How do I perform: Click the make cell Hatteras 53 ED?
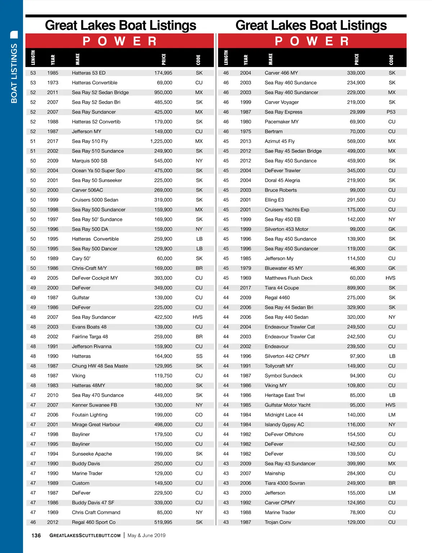89,73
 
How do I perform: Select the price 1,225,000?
161,141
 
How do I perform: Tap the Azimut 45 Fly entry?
279,141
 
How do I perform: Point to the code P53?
391,112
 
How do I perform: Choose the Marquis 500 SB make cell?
89,161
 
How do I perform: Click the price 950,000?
163,93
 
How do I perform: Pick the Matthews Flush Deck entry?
288,278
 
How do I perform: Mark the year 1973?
53,83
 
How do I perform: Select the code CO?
199,415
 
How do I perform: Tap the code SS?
199,356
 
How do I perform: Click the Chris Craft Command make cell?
96,512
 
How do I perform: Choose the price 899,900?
356,288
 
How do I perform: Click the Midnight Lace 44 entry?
284,415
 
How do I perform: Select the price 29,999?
357,112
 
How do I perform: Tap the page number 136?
36,536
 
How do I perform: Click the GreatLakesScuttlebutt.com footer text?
85,536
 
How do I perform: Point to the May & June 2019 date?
147,536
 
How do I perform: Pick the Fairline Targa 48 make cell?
90,337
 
